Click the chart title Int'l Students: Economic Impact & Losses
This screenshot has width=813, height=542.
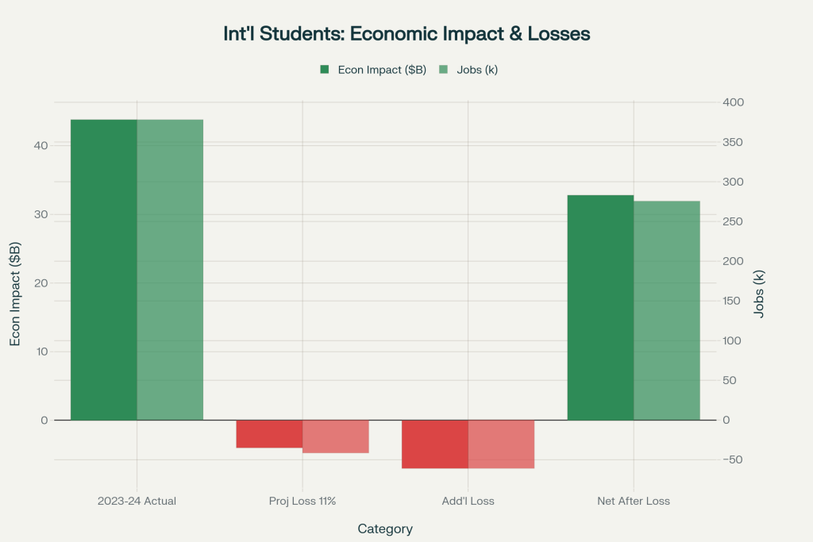point(406,35)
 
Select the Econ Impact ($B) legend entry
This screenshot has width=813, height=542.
point(372,70)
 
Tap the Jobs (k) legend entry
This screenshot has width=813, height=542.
point(470,70)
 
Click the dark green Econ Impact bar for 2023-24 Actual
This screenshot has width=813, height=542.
point(104,270)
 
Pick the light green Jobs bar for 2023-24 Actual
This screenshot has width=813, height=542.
point(170,270)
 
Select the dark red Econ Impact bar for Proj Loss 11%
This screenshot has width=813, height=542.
point(269,434)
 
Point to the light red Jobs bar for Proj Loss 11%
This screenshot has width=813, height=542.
point(336,436)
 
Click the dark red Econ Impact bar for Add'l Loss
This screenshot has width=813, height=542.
point(435,444)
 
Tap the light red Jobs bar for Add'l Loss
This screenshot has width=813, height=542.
point(501,444)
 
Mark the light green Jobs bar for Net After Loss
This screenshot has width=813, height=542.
point(667,310)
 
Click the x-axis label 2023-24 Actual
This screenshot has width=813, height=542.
point(137,502)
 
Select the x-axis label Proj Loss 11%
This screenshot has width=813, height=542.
point(302,502)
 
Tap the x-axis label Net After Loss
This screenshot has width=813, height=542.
point(634,502)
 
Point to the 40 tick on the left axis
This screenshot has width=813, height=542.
point(40,145)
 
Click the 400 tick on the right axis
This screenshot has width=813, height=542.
point(733,102)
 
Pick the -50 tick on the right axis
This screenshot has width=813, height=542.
point(733,459)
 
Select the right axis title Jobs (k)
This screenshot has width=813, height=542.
point(759,294)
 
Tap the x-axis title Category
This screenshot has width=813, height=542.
point(385,529)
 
